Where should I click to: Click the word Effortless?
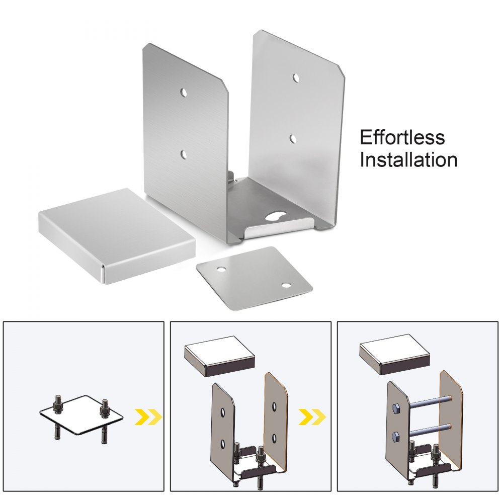pyautogui.click(x=402, y=137)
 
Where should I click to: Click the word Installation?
pyautogui.click(x=408, y=160)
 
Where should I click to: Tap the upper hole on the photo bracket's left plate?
pyautogui.click(x=184, y=93)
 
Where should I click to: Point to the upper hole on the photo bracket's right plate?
pyautogui.click(x=296, y=78)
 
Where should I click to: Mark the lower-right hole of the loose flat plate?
pyautogui.click(x=286, y=286)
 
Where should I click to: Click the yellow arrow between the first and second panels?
pyautogui.click(x=149, y=416)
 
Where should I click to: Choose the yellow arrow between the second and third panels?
pyautogui.click(x=312, y=416)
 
